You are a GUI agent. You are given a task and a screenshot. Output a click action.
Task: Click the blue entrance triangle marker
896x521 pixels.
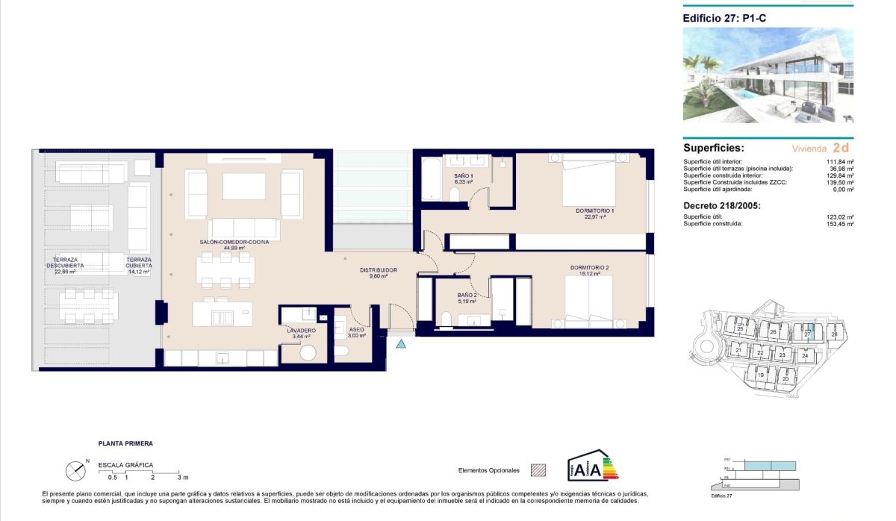402,343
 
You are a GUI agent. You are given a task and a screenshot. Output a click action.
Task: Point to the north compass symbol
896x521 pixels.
76,470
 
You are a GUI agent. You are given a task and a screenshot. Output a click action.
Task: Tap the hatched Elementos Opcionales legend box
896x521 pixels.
538,470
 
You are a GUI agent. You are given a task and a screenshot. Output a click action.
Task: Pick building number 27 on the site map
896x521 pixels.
808,334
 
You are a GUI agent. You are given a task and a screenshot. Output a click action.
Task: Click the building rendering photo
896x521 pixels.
768,76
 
